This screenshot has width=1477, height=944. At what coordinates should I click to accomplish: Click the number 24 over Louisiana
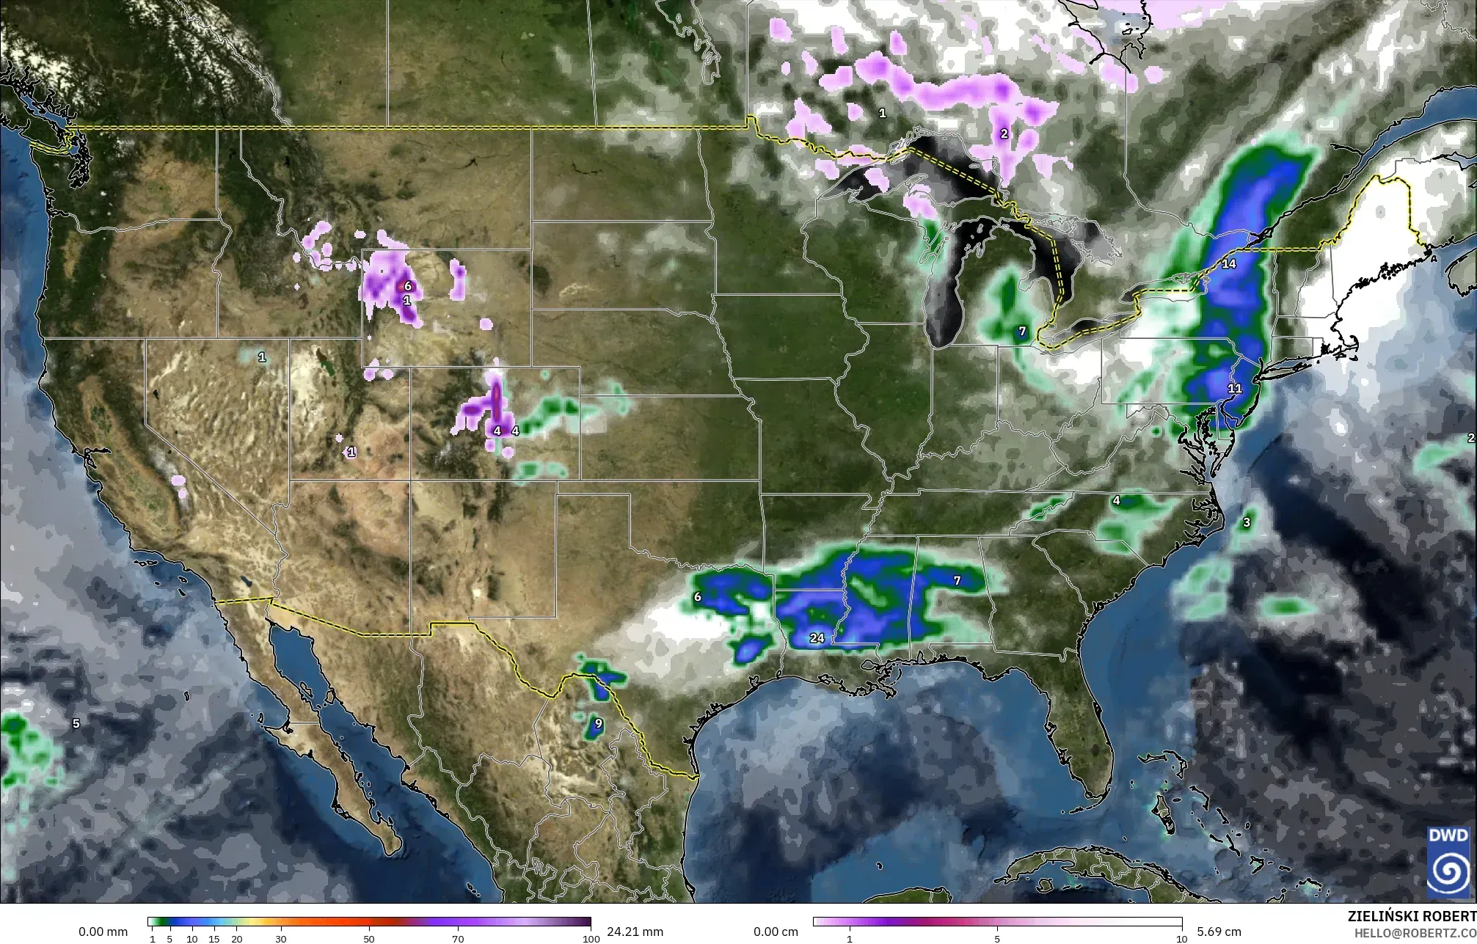817,638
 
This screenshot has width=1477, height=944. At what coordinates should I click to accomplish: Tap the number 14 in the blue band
1228,263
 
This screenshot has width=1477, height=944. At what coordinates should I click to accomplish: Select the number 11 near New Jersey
1234,388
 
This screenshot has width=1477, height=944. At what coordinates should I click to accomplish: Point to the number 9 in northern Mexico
598,723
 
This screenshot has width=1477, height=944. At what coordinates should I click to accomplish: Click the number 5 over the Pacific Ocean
76,723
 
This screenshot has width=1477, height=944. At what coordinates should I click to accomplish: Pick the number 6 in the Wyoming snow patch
407,286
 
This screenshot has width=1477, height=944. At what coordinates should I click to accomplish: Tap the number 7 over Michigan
1022,332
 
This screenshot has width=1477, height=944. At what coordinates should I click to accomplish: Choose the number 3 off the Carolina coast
1246,522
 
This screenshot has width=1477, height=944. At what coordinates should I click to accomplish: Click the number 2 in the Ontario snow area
1004,133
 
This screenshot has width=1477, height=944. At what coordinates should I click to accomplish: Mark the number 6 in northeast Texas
697,597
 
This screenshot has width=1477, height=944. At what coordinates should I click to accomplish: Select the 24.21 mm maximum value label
635,932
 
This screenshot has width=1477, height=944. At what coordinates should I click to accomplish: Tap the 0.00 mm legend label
103,932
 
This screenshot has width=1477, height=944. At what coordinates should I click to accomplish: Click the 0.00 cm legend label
776,932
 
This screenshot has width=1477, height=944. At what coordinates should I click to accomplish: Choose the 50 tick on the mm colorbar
369,939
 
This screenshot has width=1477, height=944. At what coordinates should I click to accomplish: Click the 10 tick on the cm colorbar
1181,939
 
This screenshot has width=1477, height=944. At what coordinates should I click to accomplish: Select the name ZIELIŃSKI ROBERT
1412,916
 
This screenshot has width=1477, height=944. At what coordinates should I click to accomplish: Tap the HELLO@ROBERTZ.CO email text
1415,932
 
